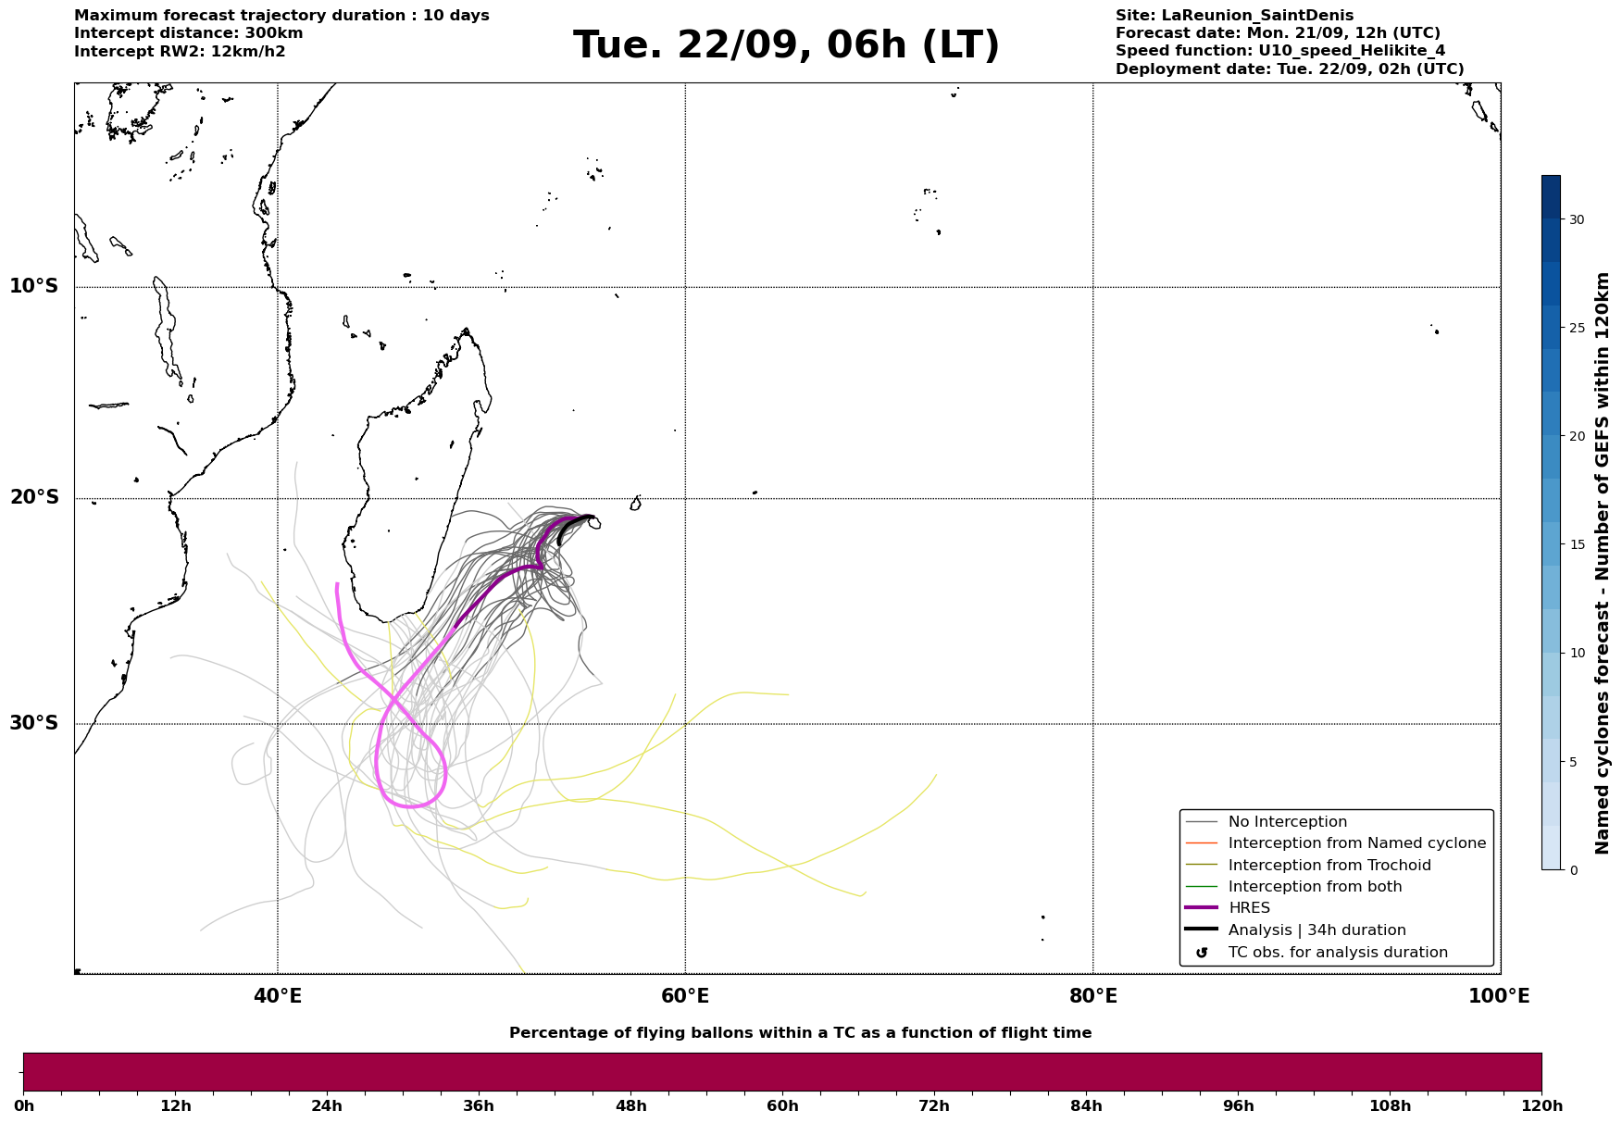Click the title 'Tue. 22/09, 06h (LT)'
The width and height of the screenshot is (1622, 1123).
786,45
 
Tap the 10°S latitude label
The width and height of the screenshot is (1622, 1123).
33,286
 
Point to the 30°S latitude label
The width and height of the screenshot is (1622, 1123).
33,723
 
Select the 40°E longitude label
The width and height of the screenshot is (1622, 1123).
278,996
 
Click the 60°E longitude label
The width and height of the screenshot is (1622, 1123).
685,996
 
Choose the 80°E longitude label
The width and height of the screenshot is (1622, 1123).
1093,996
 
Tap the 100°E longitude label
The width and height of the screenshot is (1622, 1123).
1500,996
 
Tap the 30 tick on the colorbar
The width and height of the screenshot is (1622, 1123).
1573,219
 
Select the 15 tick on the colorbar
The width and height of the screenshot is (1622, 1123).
1573,544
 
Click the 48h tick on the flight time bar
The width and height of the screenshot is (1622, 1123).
630,1105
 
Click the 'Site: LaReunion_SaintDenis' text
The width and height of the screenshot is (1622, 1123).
1234,16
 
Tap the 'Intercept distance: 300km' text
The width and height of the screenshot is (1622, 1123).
189,33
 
